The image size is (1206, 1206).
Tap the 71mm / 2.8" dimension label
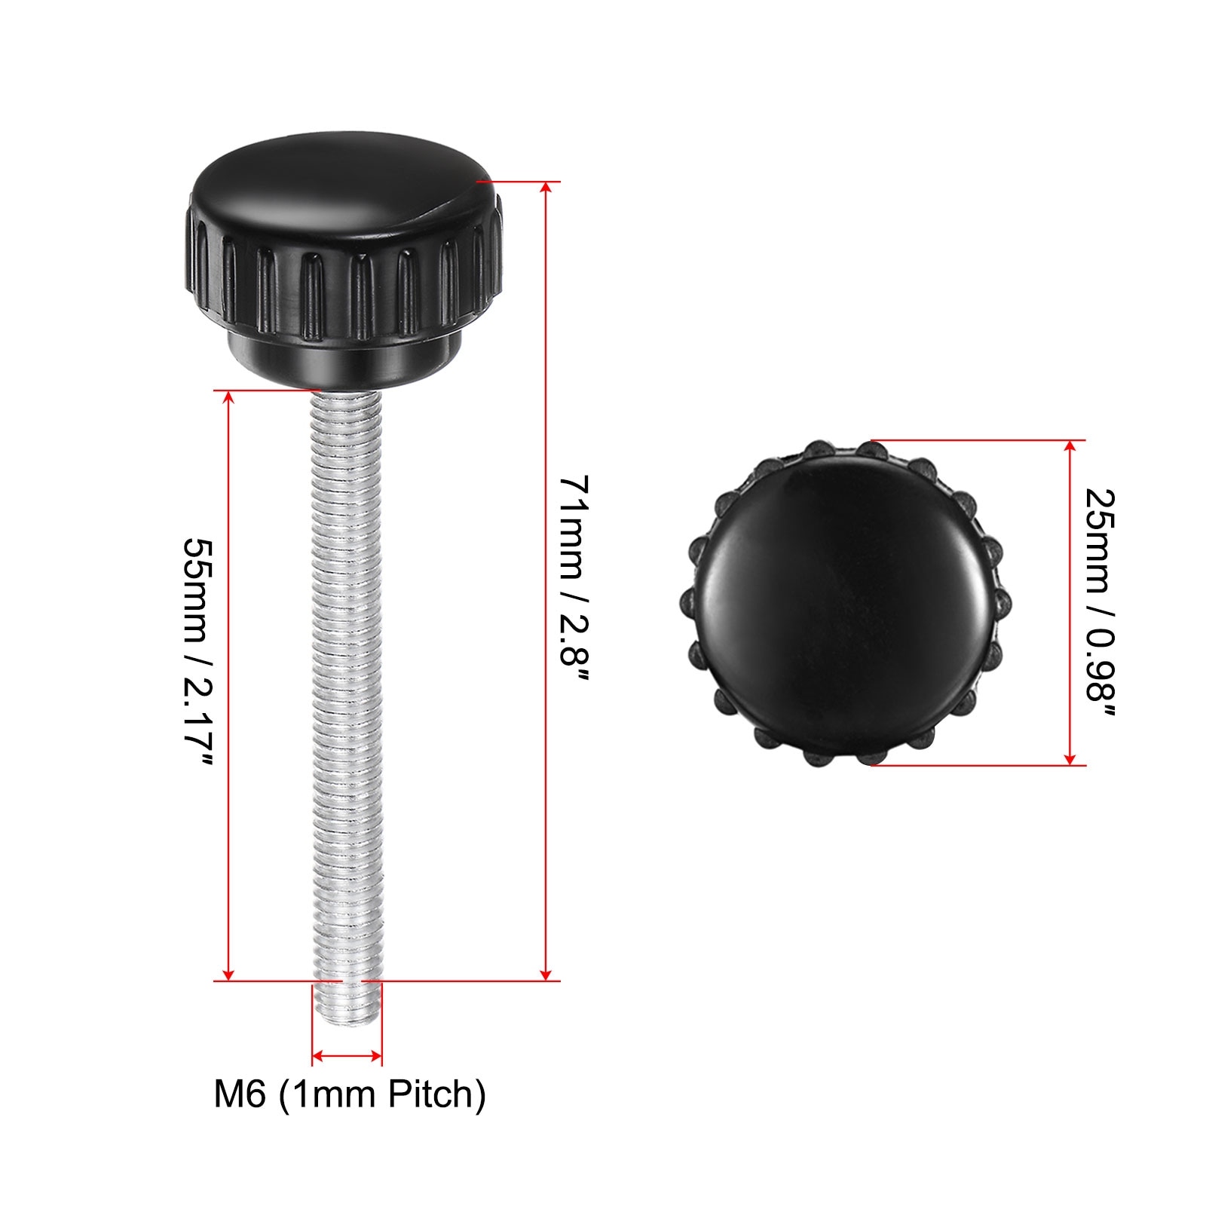click(574, 580)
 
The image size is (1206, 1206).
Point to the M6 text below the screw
click(240, 1094)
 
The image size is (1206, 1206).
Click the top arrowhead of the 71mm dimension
click(546, 188)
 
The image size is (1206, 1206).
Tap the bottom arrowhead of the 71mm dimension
click(546, 973)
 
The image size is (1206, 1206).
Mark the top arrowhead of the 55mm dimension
click(228, 398)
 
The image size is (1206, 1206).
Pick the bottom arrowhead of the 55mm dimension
click(228, 973)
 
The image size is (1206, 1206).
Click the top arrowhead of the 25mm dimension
click(1070, 448)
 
